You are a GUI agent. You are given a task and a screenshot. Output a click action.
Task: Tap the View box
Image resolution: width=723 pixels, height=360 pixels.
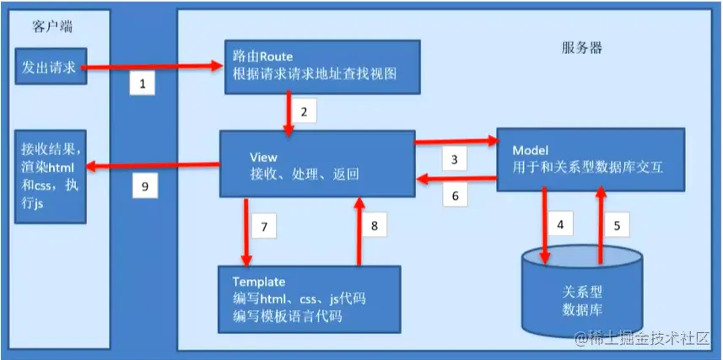click(x=317, y=165)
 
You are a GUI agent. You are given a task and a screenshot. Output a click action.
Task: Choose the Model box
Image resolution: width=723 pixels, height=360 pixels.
click(x=589, y=159)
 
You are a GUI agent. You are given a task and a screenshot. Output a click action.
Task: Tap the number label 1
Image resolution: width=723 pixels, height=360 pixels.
click(x=143, y=84)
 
